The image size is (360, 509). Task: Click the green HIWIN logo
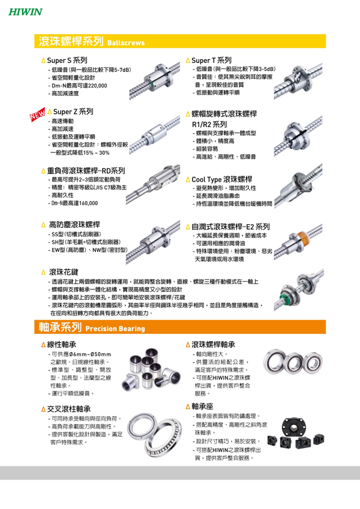coord(25,12)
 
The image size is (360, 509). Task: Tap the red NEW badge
coord(38,115)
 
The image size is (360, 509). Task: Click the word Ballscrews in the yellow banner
coord(126,43)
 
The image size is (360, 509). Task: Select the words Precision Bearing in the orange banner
coord(115,329)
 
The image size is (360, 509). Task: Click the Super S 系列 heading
coord(67,61)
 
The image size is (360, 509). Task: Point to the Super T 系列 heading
coord(212,61)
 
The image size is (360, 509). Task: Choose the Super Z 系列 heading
coord(73,112)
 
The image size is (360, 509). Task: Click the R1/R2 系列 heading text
coord(209,124)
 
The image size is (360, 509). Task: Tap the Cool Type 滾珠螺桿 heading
coord(222,179)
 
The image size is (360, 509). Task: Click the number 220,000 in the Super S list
coord(97,86)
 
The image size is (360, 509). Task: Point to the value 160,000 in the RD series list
coord(88,203)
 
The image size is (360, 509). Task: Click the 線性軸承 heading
coord(61,344)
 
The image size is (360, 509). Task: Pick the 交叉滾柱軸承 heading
coord(69,409)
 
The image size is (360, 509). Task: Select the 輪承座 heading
coord(202,406)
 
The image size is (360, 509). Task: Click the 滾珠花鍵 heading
coord(64,272)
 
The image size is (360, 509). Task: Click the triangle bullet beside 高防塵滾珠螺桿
coord(44,225)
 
